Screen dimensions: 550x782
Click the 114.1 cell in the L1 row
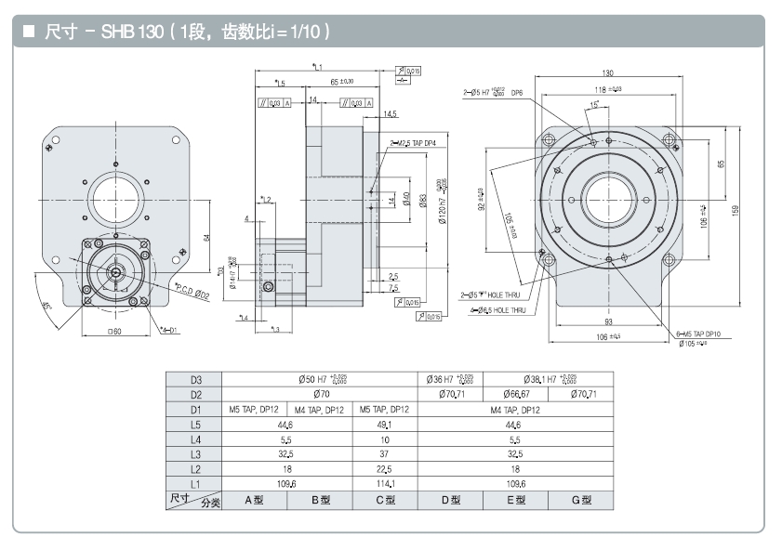pos(384,483)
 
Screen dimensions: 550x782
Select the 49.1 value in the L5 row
pos(384,424)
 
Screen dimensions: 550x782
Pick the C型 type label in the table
pos(384,501)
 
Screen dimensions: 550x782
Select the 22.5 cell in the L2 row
pos(384,468)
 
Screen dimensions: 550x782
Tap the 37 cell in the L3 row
pos(384,453)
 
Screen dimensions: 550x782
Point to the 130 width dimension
pos(607,72)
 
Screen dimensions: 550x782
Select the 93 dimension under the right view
pos(608,322)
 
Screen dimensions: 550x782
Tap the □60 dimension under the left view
pos(116,332)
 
